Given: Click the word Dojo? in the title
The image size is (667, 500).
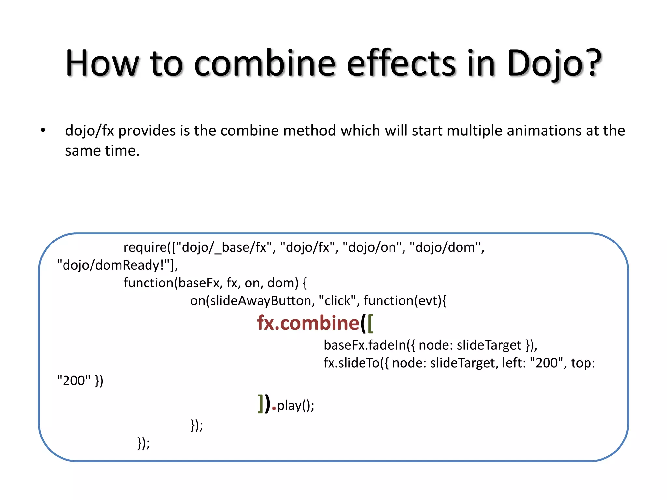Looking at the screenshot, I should pos(554,63).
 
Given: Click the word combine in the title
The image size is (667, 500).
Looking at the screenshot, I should pos(264,63).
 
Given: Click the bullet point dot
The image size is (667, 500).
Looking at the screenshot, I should pos(43,131).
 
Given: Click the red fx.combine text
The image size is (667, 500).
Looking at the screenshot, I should pos(308,323).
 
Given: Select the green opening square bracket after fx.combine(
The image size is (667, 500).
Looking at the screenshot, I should pos(370,324).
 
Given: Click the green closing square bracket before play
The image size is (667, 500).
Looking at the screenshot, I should pos(260,404).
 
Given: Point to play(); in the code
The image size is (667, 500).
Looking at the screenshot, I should pos(295,406).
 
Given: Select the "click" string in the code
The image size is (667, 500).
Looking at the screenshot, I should pos(337,301).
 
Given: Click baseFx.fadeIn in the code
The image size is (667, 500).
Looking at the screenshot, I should pos(365,345).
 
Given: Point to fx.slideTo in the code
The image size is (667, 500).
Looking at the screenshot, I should pos(351,363).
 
